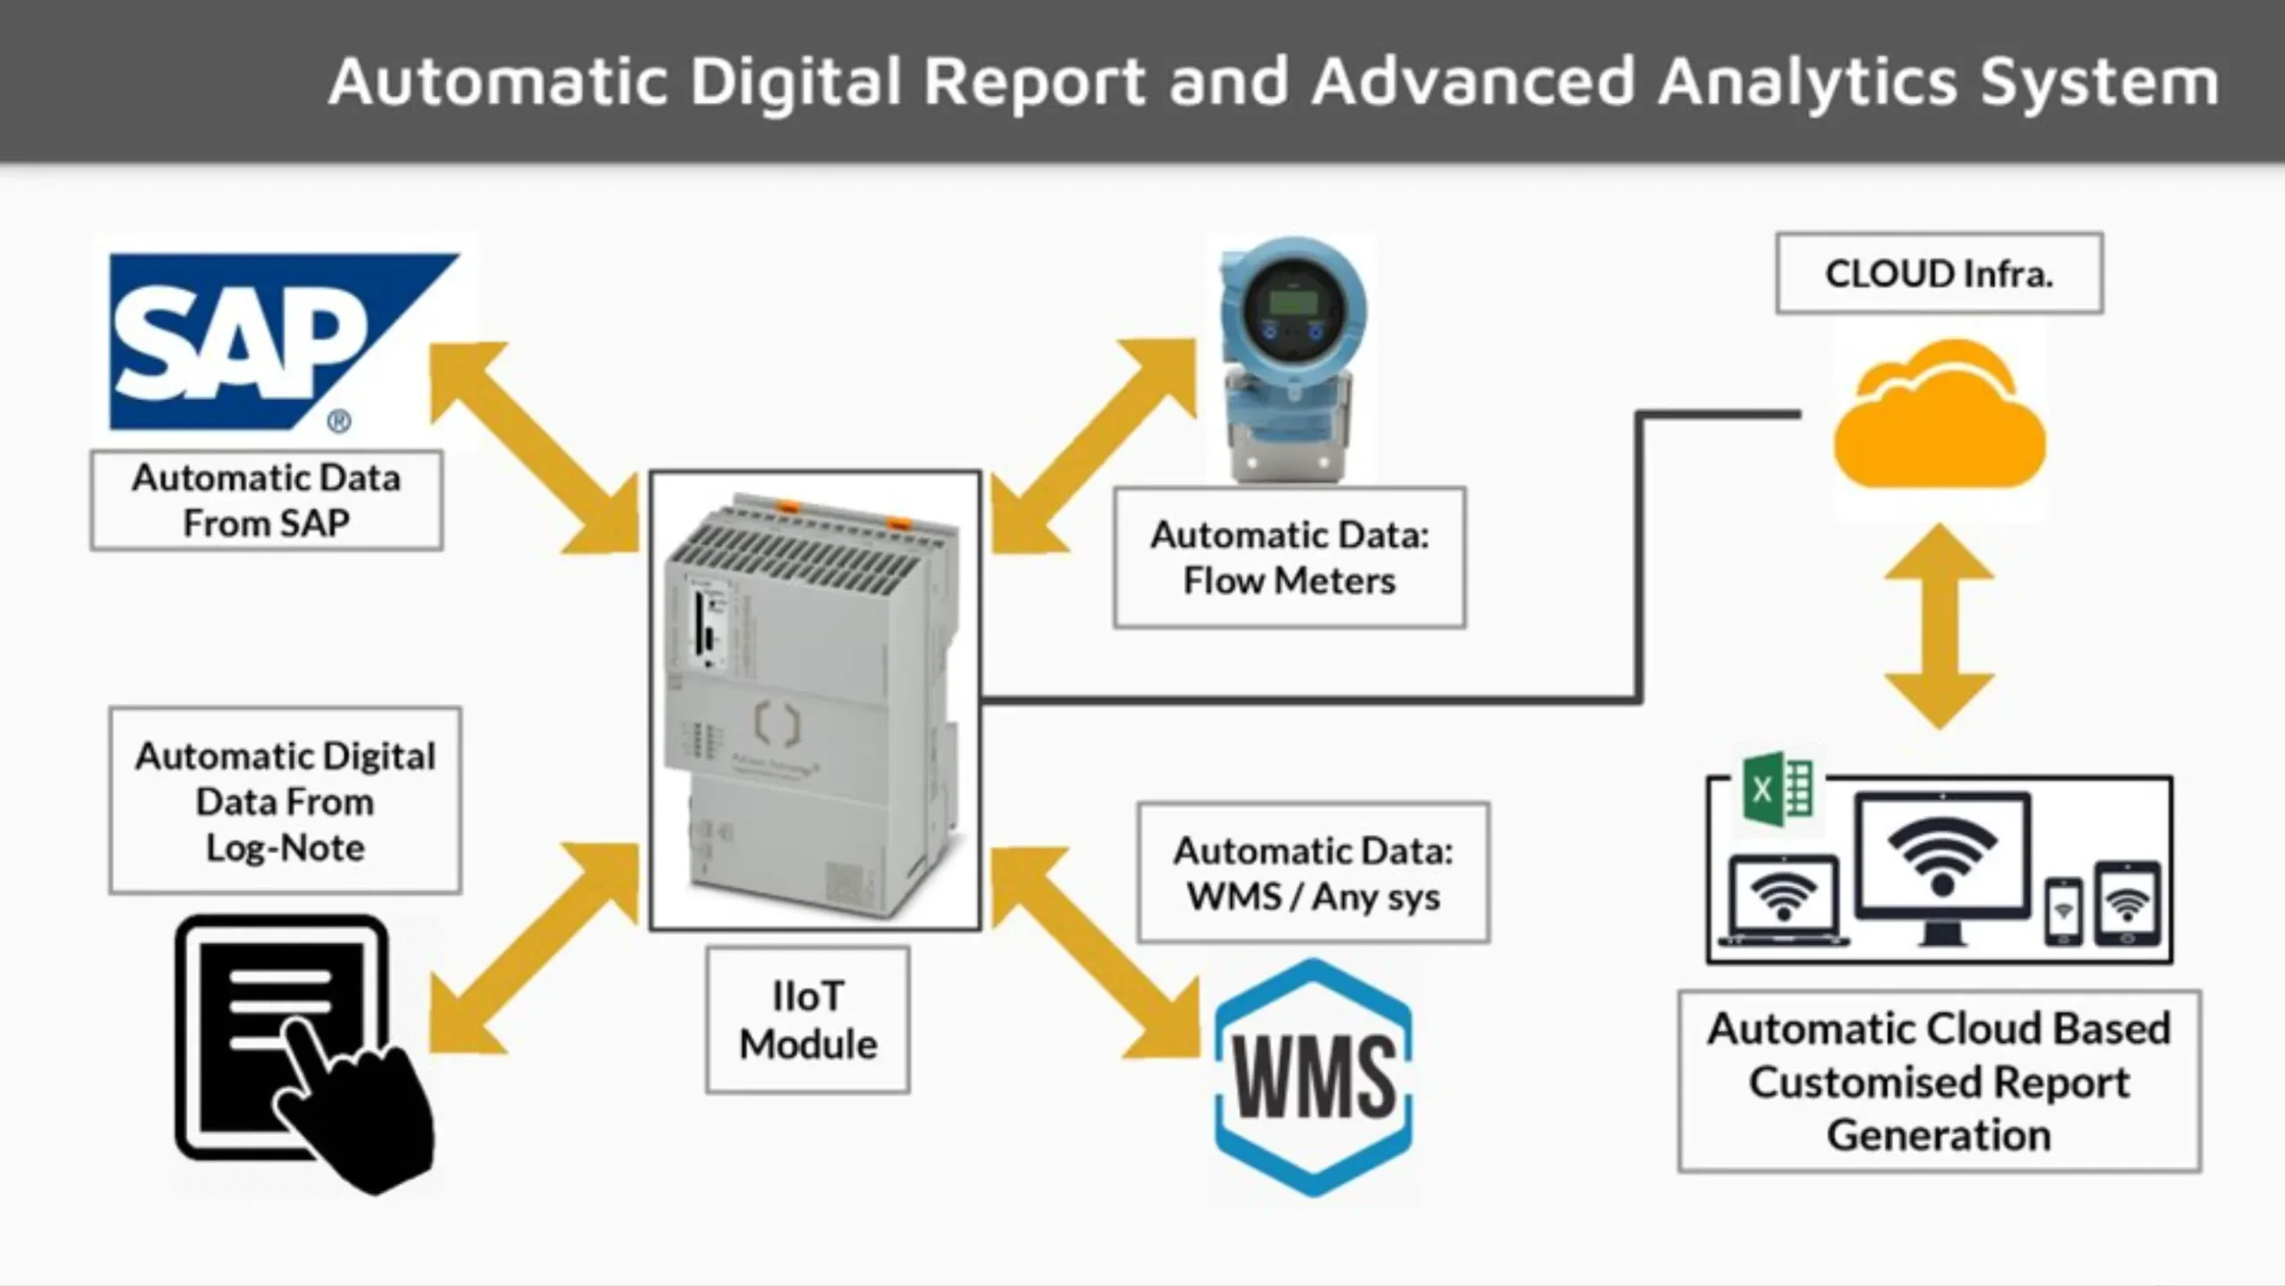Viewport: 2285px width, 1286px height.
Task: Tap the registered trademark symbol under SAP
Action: click(x=338, y=422)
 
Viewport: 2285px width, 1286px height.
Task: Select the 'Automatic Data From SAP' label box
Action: click(x=266, y=500)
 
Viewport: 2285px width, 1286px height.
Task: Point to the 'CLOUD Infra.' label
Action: click(x=1939, y=273)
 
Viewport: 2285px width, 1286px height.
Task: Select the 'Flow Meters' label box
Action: click(x=1289, y=557)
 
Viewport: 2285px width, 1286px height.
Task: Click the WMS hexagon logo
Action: click(x=1314, y=1077)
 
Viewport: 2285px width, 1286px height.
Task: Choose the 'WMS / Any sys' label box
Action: click(x=1313, y=873)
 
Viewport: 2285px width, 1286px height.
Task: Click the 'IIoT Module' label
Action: click(x=808, y=1020)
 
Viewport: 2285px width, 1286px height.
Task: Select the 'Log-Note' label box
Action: click(x=286, y=801)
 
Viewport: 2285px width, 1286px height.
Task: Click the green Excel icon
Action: click(x=1776, y=788)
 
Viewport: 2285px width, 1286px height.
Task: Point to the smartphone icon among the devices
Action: click(x=2063, y=911)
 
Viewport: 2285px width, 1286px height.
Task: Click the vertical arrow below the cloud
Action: click(x=1939, y=625)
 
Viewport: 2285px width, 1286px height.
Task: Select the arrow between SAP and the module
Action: click(x=534, y=447)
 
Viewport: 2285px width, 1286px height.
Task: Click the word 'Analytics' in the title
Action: click(x=1808, y=82)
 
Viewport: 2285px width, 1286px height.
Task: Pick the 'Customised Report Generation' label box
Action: click(x=1939, y=1081)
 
